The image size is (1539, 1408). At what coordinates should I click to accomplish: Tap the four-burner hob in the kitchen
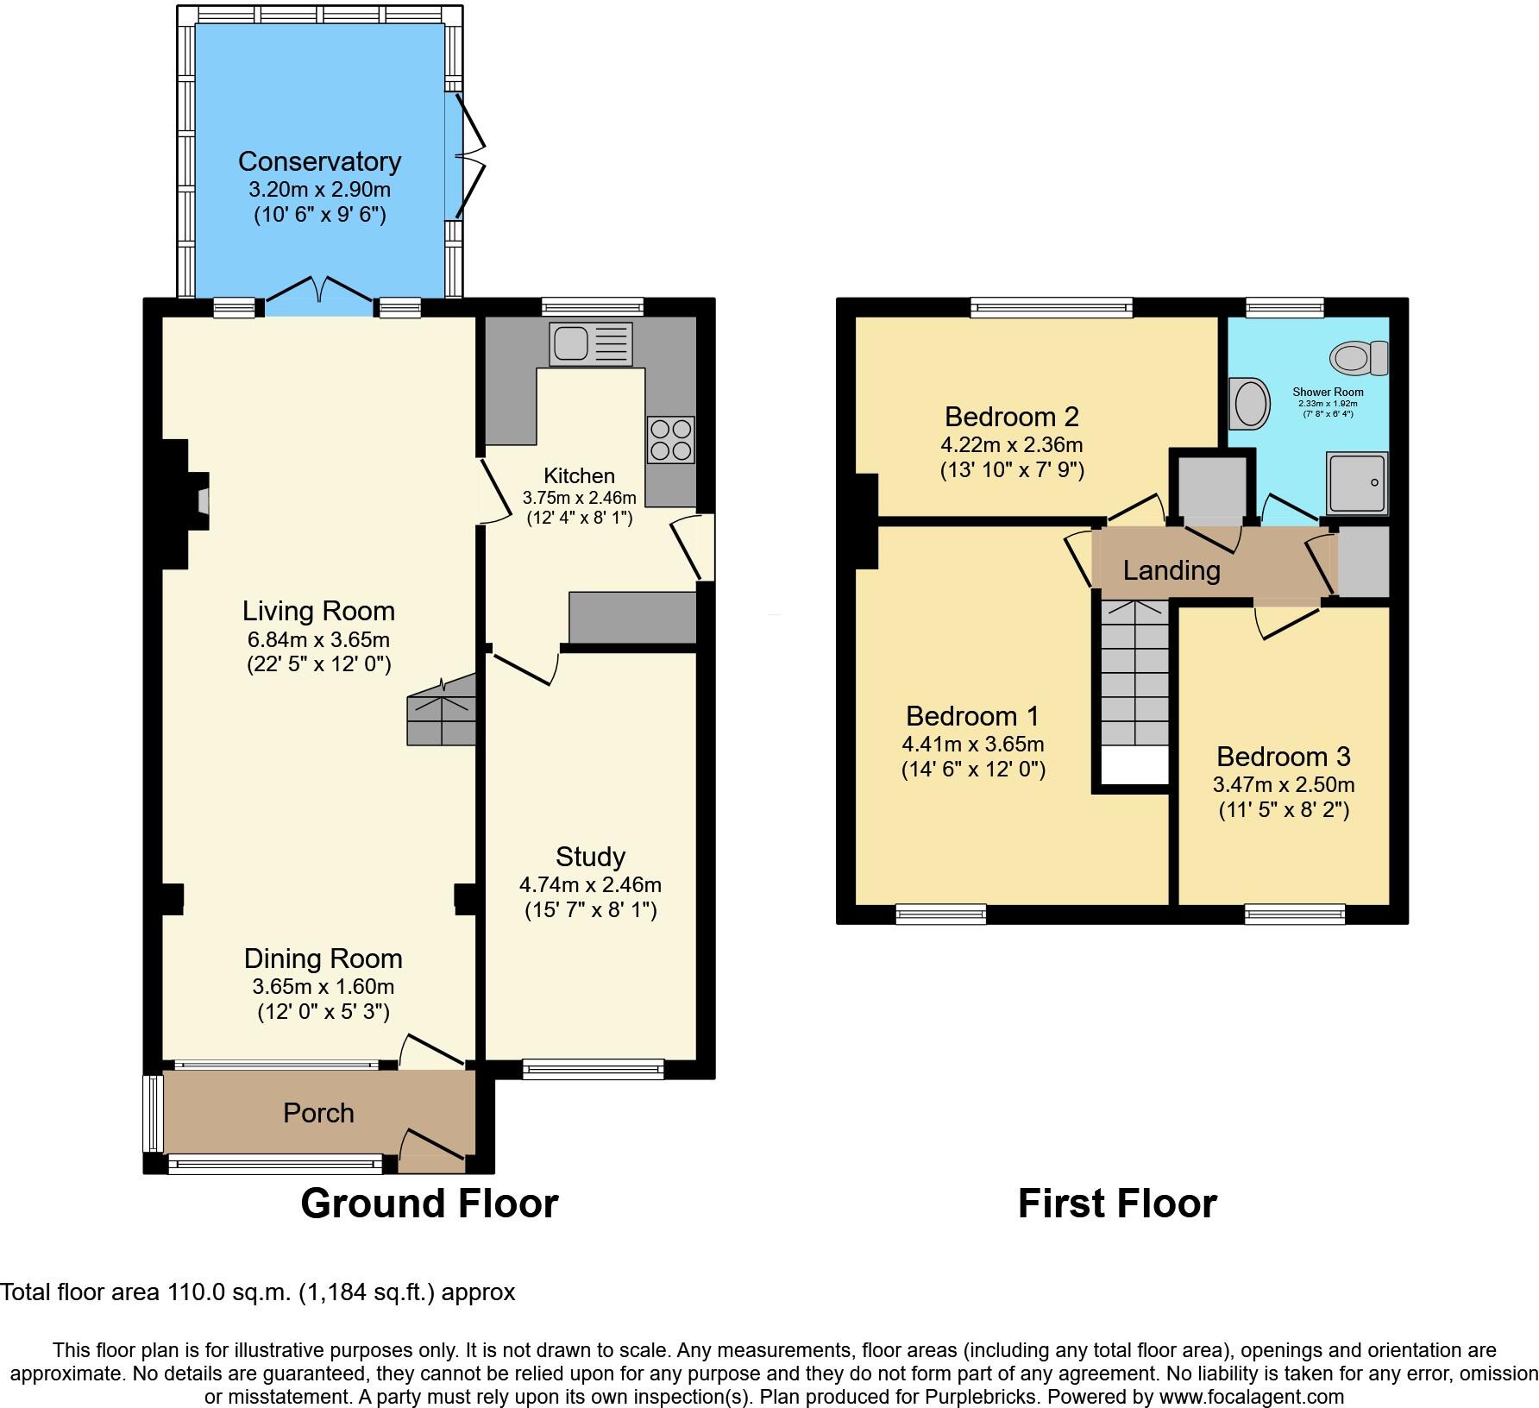[x=670, y=440]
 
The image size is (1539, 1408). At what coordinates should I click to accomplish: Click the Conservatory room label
[x=319, y=161]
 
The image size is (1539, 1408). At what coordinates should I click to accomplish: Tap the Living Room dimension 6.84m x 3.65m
[x=318, y=639]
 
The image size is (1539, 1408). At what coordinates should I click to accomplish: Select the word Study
[x=590, y=857]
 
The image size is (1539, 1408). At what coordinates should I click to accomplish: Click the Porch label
[x=318, y=1113]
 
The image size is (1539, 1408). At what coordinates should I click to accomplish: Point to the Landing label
[x=1172, y=570]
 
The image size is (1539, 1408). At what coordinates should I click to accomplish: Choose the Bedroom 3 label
[x=1283, y=757]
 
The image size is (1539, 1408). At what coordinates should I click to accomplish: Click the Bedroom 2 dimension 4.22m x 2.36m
[x=1011, y=445]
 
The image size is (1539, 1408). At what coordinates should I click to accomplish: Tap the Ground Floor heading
[x=429, y=1204]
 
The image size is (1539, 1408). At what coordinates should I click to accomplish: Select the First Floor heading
[x=1116, y=1204]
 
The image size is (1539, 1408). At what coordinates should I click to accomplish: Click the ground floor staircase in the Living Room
[x=442, y=711]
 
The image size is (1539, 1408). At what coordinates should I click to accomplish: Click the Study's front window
[x=593, y=1069]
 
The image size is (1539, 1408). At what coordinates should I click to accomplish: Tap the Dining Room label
[x=323, y=959]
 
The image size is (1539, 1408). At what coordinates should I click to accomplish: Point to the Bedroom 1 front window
[x=940, y=914]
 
